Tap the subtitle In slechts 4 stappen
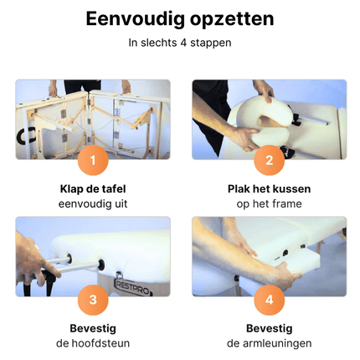[180, 42]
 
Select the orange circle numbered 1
[93, 159]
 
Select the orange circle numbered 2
[269, 159]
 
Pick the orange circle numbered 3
[93, 297]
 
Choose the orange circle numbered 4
[269, 297]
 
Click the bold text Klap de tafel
[93, 188]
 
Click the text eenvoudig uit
[93, 203]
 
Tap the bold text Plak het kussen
[269, 188]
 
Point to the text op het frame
[269, 203]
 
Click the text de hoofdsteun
[93, 342]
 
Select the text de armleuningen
[269, 342]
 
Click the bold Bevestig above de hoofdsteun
[93, 327]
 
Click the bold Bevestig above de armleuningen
[269, 327]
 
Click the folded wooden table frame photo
[93, 117]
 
